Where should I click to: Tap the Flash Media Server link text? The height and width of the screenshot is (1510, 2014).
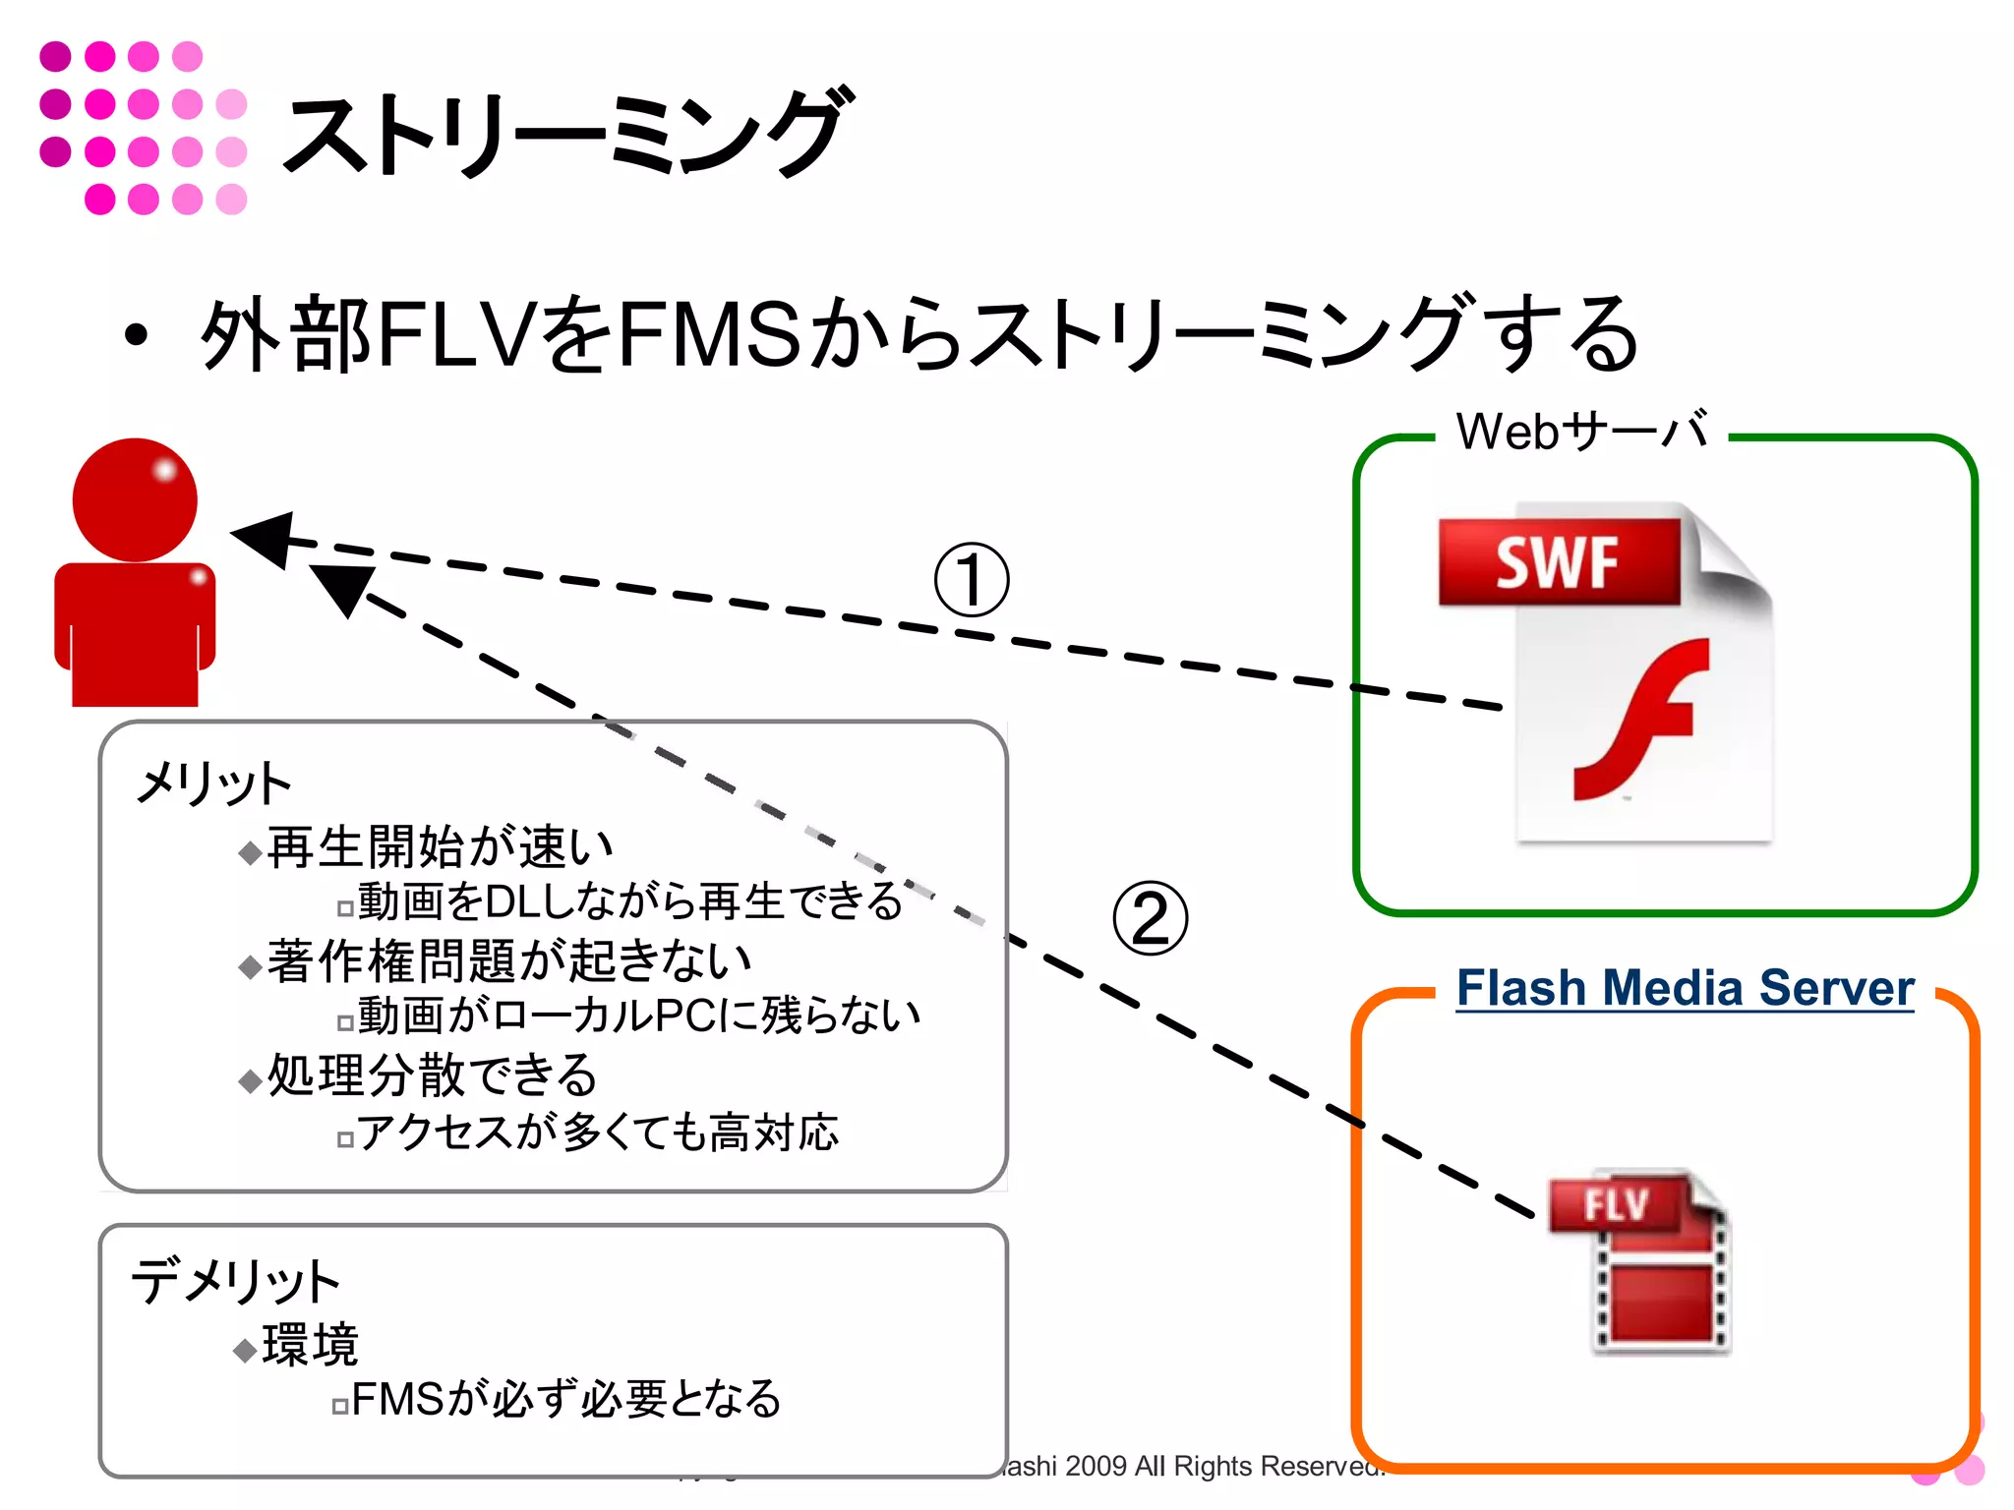coord(1685,988)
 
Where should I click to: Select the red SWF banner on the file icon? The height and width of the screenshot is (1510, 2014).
coord(1558,562)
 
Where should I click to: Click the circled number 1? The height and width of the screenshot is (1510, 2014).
coord(972,580)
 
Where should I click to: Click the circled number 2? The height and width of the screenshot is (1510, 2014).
coord(1150,918)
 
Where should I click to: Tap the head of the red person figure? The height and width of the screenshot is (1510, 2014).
coord(136,499)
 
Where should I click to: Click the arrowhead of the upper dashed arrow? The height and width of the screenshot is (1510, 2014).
coord(264,538)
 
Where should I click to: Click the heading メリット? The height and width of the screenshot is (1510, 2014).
coord(213,784)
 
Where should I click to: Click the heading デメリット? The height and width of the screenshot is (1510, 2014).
coord(236,1281)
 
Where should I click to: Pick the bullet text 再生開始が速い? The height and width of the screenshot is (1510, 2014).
coord(440,846)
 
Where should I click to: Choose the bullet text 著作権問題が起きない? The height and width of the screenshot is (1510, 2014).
coord(508,960)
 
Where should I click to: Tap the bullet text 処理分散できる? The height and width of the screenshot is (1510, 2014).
coord(432,1074)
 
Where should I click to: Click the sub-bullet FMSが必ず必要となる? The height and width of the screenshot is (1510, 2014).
coord(565,1398)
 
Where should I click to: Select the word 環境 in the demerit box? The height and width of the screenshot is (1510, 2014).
coord(310,1345)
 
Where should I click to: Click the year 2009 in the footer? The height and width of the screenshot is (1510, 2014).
coord(1095,1466)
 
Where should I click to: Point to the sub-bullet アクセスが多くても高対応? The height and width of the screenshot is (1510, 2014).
coord(597,1132)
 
